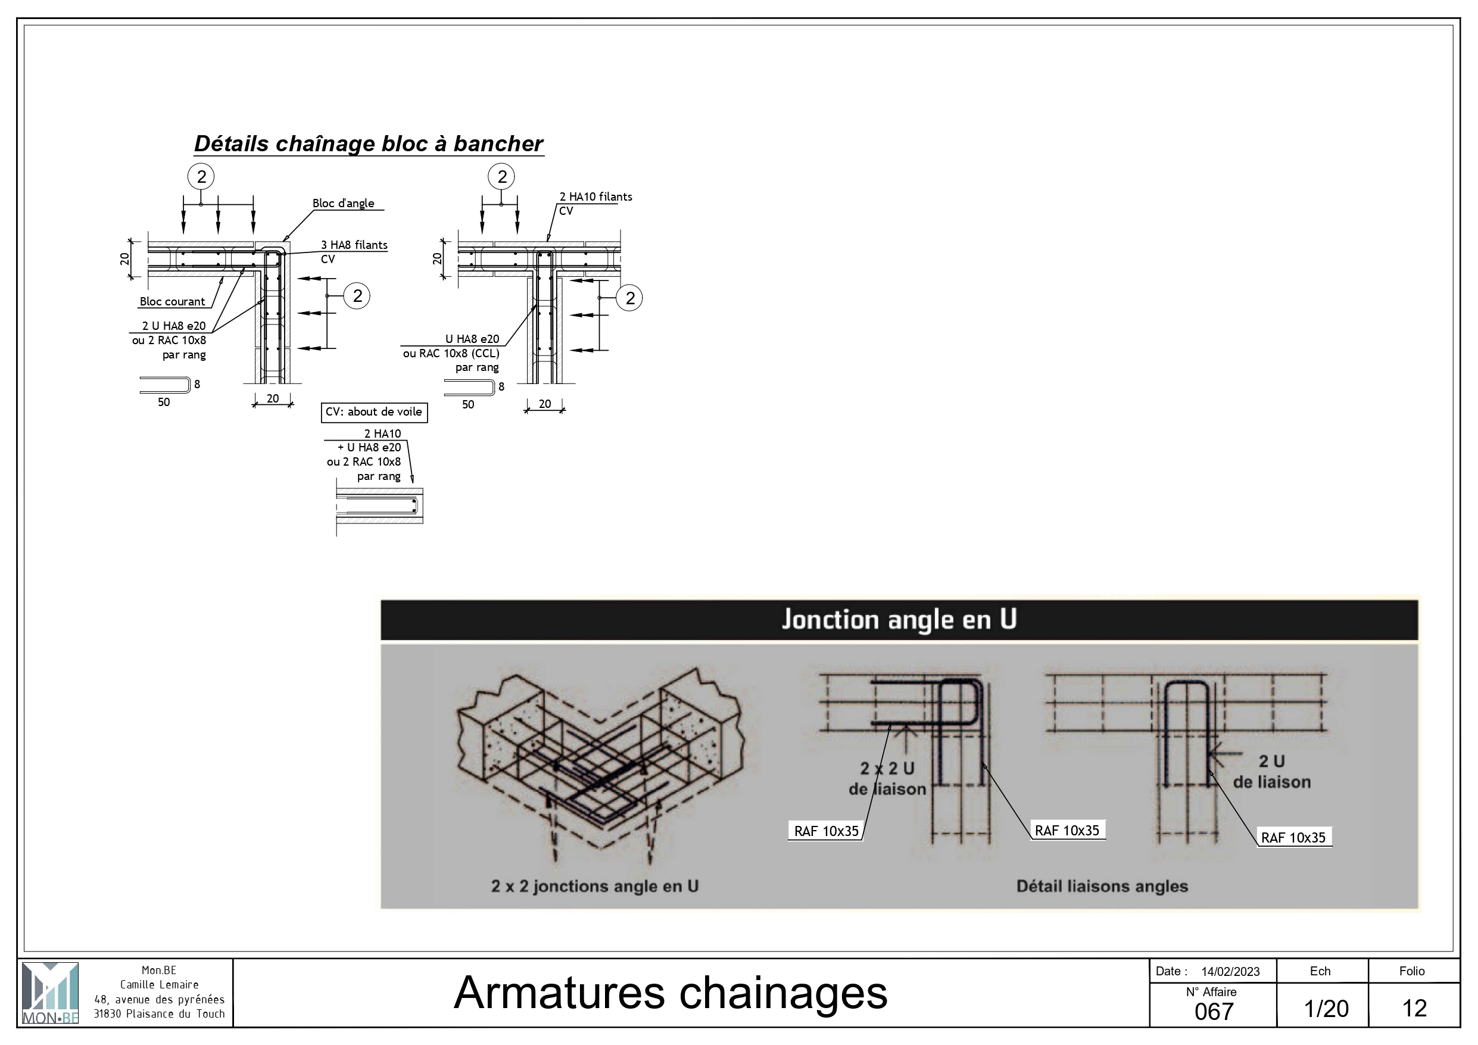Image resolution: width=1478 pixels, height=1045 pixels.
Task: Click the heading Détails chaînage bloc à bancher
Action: [369, 144]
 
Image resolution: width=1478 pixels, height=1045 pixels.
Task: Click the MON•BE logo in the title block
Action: [50, 993]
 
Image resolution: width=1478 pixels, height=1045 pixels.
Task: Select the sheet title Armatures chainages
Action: [671, 992]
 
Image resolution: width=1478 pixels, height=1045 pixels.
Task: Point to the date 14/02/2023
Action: [1230, 972]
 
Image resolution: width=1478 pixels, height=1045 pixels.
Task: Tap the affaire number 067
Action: [1214, 1012]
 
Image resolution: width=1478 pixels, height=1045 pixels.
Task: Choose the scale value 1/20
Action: [1326, 1008]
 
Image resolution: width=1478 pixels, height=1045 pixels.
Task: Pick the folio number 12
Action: [1414, 1008]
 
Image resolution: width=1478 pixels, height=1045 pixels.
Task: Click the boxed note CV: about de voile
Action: [374, 412]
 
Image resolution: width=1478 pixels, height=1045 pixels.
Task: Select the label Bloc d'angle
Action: [343, 204]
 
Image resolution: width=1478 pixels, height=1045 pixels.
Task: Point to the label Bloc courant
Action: [172, 301]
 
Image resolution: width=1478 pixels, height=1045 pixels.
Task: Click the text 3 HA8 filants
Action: [354, 245]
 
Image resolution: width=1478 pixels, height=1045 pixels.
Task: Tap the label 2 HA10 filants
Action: [595, 197]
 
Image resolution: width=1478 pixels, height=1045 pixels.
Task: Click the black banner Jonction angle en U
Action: [899, 619]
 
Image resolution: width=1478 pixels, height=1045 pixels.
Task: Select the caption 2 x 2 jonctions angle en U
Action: [595, 886]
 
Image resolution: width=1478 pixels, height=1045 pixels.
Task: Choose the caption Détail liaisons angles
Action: [1102, 886]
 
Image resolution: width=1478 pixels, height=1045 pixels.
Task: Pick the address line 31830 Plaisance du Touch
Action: [159, 1013]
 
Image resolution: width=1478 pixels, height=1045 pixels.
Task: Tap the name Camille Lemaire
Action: [159, 984]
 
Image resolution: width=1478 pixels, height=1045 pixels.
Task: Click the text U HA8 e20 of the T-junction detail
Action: [472, 339]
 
